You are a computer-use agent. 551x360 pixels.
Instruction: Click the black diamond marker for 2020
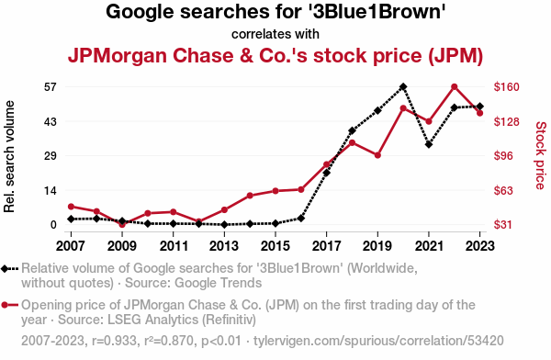403,86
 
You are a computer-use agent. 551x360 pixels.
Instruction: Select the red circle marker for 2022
454,87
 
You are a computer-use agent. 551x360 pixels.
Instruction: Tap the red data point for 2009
122,224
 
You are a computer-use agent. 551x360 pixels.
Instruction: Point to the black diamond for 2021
429,144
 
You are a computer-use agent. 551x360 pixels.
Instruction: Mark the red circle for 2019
377,155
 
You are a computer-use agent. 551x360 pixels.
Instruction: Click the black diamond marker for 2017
326,173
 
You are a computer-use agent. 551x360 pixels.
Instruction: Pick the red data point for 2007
71,207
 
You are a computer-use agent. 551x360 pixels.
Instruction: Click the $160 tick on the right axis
506,86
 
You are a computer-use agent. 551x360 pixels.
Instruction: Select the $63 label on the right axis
503,190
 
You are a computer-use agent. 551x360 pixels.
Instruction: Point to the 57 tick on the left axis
51,86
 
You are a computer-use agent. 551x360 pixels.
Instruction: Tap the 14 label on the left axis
51,190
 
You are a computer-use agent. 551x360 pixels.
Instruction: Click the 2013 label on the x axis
224,246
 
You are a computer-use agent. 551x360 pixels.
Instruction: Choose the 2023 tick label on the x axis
479,246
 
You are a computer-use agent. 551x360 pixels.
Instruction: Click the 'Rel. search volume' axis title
9,156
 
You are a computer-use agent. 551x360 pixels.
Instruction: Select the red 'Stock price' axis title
541,155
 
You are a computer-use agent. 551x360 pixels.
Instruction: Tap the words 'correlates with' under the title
275,34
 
